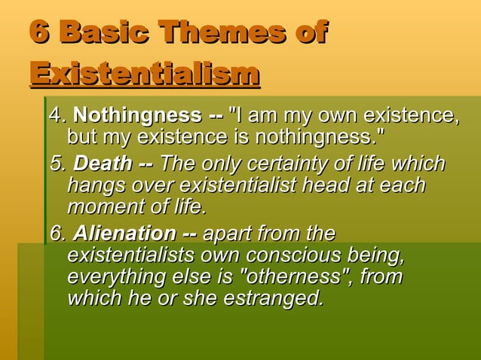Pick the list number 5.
point(55,164)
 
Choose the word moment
point(102,206)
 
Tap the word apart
point(231,233)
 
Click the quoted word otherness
point(305,276)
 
